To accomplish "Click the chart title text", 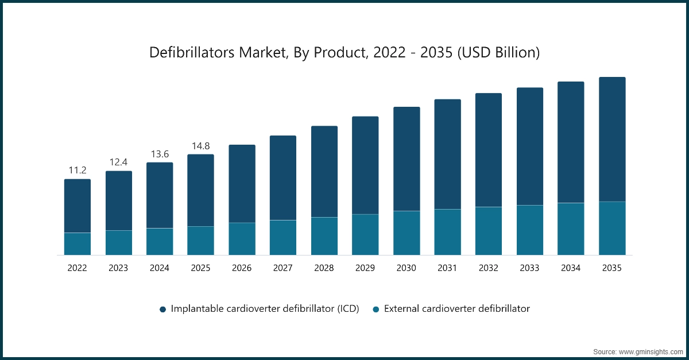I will pyautogui.click(x=344, y=52).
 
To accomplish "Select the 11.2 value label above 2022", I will pyautogui.click(x=77, y=170).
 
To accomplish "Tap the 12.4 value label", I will pyautogui.click(x=118, y=162).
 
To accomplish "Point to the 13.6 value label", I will pyautogui.click(x=160, y=153).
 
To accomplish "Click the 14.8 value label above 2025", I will pyautogui.click(x=200, y=145).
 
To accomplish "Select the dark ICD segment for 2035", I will pyautogui.click(x=612, y=140).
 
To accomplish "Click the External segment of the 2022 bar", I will pyautogui.click(x=77, y=243).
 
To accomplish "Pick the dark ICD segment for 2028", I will pyautogui.click(x=324, y=172).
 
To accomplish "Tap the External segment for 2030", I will pyautogui.click(x=407, y=233).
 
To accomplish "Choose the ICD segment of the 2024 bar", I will pyautogui.click(x=160, y=195).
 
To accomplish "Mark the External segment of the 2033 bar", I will pyautogui.click(x=530, y=230).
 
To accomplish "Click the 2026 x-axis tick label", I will pyautogui.click(x=242, y=268).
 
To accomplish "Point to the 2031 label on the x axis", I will pyautogui.click(x=447, y=268).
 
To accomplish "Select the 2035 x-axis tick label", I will pyautogui.click(x=612, y=268).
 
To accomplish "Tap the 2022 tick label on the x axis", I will pyautogui.click(x=77, y=268).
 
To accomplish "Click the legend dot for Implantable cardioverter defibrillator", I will pyautogui.click(x=162, y=309).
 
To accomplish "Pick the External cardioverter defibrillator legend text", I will pyautogui.click(x=456, y=309).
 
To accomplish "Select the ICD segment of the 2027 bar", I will pyautogui.click(x=283, y=178).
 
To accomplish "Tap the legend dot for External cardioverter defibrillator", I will pyautogui.click(x=376, y=309).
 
